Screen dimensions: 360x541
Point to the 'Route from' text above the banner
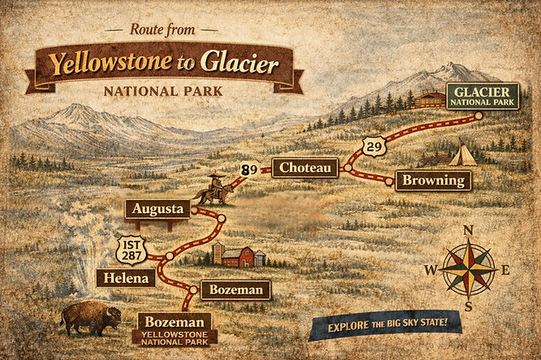click(x=162, y=29)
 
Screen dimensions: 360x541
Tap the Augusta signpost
click(x=157, y=209)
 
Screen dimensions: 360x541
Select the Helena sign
click(x=126, y=278)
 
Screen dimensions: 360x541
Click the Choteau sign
click(x=304, y=167)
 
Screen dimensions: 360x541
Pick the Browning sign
click(x=433, y=180)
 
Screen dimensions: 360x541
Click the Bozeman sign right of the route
click(x=235, y=289)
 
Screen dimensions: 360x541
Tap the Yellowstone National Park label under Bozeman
click(x=174, y=338)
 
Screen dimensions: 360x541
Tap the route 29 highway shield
click(x=372, y=147)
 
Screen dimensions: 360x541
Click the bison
click(x=89, y=318)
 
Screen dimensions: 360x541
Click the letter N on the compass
click(x=468, y=230)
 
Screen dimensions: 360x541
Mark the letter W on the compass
click(x=431, y=270)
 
